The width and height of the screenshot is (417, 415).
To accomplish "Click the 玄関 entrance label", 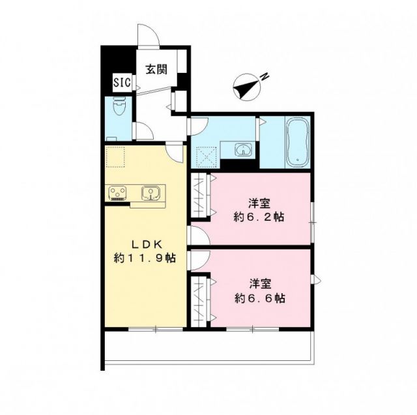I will click(155, 68).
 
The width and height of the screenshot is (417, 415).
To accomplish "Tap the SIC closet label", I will click(122, 83).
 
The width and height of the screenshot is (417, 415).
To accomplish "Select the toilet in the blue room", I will click(119, 107).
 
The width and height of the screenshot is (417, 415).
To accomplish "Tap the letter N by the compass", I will click(265, 77).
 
